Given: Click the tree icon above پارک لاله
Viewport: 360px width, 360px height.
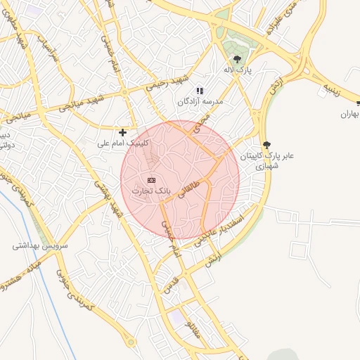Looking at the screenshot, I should click(238, 59).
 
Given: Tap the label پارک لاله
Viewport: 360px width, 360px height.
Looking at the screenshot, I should click(238, 72).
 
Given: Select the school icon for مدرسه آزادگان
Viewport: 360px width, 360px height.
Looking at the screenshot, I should click(200, 91).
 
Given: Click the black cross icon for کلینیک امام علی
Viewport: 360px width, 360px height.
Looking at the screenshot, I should click(122, 131).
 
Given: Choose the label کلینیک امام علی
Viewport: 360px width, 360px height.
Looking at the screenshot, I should click(123, 143).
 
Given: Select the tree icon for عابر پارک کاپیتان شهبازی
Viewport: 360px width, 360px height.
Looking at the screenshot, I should click(266, 143).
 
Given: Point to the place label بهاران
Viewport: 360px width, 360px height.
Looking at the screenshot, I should click(349, 114).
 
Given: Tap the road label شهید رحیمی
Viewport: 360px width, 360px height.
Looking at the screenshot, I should click(165, 82).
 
